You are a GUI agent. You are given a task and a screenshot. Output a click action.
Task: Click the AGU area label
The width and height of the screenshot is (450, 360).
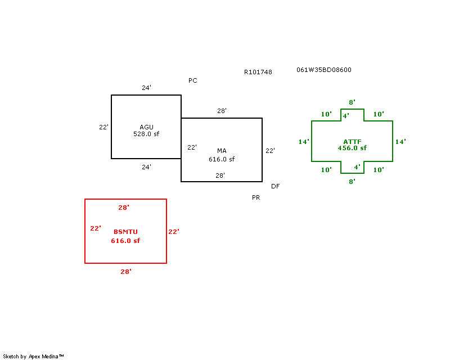click(x=146, y=127)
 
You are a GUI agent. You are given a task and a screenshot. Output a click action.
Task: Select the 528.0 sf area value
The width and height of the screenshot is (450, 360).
click(x=146, y=134)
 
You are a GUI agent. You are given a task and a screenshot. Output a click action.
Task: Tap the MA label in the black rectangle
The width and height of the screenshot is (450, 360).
click(x=222, y=151)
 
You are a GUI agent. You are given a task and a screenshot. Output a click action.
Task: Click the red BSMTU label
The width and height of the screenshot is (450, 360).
click(x=125, y=232)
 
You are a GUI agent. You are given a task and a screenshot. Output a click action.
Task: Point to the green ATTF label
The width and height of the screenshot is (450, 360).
click(x=353, y=142)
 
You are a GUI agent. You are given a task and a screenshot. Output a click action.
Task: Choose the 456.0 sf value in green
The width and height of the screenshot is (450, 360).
click(x=352, y=148)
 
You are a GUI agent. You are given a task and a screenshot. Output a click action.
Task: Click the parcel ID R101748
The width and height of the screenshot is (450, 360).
click(x=258, y=72)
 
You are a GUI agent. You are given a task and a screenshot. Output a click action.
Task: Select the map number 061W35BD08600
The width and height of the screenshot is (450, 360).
click(x=324, y=70)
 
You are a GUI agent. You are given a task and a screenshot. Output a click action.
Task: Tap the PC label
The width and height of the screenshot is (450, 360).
click(x=193, y=80)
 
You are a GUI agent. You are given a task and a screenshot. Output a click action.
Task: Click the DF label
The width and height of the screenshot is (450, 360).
click(x=275, y=186)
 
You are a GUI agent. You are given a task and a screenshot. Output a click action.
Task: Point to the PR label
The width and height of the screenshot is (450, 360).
click(x=256, y=197)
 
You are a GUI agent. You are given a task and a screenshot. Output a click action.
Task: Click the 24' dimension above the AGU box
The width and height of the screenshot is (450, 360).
click(x=146, y=88)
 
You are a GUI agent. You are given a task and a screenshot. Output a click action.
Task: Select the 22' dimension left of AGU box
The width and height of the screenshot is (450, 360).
click(x=103, y=127)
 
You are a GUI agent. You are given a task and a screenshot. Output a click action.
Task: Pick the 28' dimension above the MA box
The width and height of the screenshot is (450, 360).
click(x=222, y=110)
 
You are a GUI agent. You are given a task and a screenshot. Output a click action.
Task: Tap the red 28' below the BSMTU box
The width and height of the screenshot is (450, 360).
click(x=126, y=272)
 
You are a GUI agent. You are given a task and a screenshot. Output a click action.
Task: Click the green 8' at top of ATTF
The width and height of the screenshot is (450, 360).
click(x=352, y=102)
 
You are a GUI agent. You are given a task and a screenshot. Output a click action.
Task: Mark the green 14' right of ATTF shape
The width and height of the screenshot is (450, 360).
click(x=400, y=142)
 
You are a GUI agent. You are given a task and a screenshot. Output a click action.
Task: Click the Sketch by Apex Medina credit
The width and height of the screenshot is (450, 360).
click(x=33, y=357)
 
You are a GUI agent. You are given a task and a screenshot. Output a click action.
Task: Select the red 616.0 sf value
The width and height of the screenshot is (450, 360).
click(x=125, y=241)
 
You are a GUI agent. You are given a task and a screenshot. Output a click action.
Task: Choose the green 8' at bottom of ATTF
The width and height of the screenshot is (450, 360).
click(x=352, y=182)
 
